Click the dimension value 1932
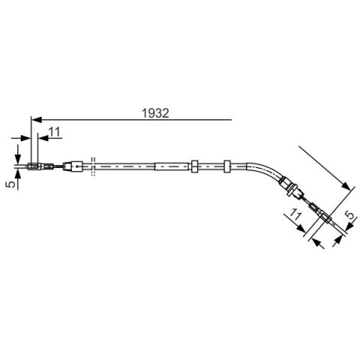point(155,113)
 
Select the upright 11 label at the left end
point(55,132)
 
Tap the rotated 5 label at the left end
point(10,184)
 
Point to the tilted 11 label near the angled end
point(295,214)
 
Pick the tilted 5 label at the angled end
point(350,214)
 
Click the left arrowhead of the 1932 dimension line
point(37,120)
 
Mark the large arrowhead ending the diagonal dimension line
point(345,186)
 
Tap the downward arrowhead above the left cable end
point(18,158)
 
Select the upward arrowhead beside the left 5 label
point(18,174)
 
